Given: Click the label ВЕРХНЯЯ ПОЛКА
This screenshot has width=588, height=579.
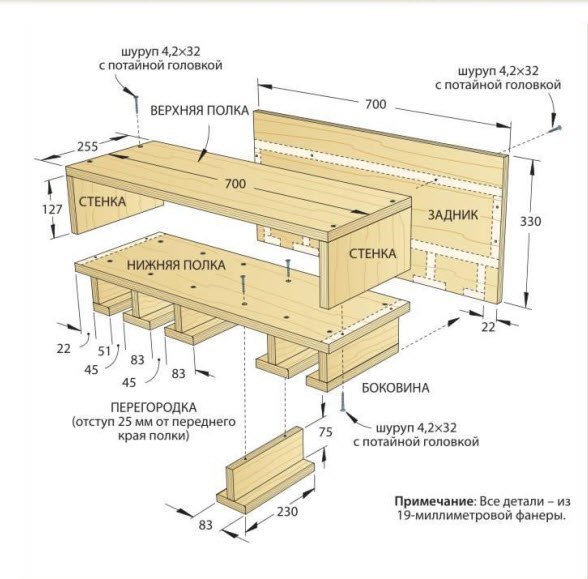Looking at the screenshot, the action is (200, 111).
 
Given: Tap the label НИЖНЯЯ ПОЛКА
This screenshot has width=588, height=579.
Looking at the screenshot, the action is (176, 265).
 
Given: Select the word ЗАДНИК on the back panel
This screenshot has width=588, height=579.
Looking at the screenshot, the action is (453, 215).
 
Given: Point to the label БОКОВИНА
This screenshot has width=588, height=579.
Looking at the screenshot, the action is (395, 387).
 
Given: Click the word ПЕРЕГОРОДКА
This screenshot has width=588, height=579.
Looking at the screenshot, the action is (154, 407).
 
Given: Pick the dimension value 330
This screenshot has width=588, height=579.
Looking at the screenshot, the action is (531, 222).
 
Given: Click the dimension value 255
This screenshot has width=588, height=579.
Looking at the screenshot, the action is (88, 146).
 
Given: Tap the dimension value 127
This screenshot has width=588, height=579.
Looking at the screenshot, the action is (52, 209).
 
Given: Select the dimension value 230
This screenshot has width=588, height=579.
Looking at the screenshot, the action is (287, 511).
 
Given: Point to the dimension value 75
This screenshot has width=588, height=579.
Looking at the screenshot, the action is (326, 432).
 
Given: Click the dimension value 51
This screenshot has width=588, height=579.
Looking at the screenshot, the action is (104, 351).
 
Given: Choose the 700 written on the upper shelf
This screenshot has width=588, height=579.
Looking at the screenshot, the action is (236, 184).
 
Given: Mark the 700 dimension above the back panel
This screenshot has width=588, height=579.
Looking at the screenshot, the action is (376, 104).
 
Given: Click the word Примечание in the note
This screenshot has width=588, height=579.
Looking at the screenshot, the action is (434, 501).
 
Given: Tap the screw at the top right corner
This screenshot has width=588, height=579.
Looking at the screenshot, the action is (555, 129).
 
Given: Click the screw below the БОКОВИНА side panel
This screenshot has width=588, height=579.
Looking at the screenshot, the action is (342, 401).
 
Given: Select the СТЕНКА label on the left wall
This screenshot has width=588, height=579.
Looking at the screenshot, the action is (102, 201).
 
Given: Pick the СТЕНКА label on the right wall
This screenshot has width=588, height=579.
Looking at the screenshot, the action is (372, 254).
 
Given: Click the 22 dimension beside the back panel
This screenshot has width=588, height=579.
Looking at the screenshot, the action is (488, 327).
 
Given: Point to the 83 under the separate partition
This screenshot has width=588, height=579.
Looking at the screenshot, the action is (206, 525).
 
